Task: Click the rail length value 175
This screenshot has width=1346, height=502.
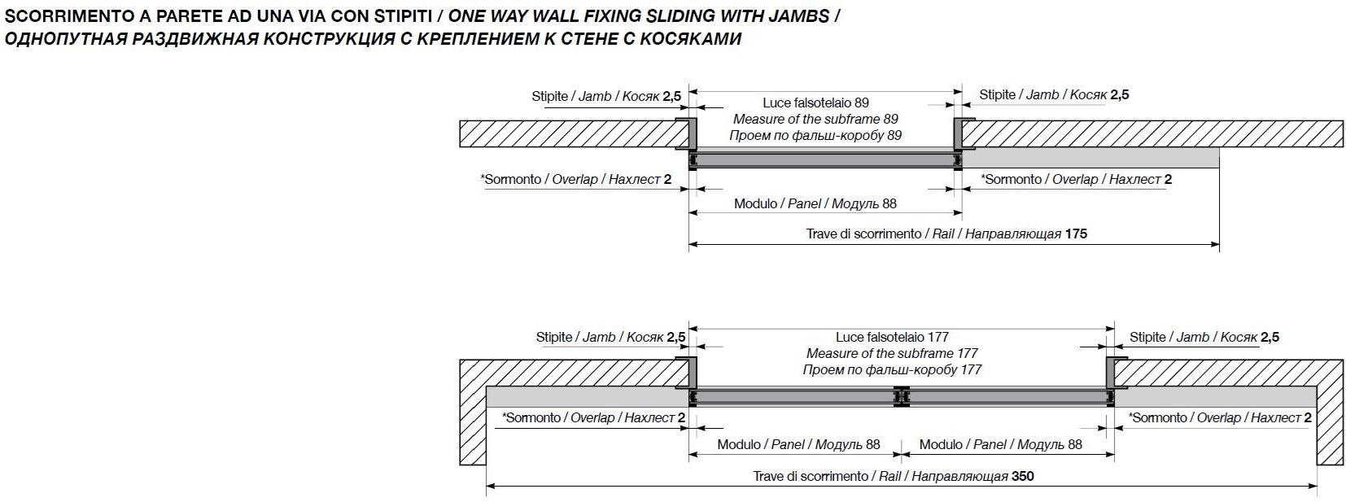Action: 1075,234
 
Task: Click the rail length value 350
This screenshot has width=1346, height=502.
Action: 1022,476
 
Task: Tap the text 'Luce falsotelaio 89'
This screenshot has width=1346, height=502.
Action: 815,103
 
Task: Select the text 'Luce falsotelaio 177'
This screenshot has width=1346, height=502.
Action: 892,337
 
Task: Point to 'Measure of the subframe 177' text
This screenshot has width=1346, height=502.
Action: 892,353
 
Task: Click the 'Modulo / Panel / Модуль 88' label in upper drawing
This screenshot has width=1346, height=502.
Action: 815,203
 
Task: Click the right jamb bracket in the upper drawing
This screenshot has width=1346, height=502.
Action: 960,134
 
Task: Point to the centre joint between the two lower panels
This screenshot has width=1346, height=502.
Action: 902,396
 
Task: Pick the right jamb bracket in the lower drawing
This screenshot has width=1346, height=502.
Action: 1112,373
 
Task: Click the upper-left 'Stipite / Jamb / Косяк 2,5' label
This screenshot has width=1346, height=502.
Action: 606,96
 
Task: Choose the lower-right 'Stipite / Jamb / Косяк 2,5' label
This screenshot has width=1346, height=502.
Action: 1204,337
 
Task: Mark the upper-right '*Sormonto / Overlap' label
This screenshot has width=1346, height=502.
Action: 1076,179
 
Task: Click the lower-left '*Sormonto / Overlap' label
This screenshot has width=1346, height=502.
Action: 593,417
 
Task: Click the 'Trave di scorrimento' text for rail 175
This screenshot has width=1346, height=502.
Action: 863,234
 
